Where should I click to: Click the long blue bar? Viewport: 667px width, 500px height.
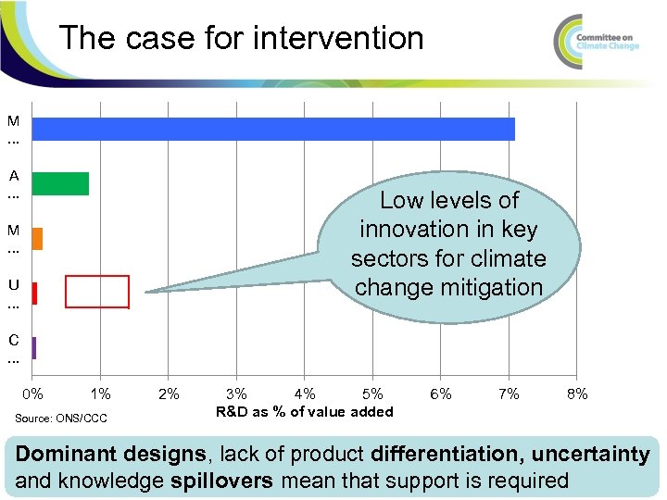(x=273, y=129)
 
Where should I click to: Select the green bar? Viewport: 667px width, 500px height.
(x=60, y=183)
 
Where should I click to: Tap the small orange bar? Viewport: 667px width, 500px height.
(x=37, y=239)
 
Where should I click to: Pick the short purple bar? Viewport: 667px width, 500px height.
(x=33, y=348)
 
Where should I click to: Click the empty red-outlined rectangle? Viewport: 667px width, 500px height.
(x=96, y=292)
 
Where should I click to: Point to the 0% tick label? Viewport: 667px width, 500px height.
(x=32, y=394)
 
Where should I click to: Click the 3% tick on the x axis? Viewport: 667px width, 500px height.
(x=236, y=394)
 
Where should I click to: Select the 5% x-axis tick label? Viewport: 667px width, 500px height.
(x=372, y=394)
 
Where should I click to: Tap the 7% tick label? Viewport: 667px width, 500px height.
(x=509, y=394)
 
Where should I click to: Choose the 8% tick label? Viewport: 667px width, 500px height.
(x=576, y=394)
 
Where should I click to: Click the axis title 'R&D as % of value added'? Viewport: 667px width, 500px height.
(x=304, y=412)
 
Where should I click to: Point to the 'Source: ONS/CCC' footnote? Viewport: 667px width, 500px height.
(x=61, y=419)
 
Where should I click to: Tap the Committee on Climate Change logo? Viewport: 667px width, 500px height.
(x=597, y=37)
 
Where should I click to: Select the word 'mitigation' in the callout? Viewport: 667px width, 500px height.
(x=496, y=287)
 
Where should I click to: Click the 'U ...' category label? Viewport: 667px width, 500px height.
(x=13, y=294)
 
